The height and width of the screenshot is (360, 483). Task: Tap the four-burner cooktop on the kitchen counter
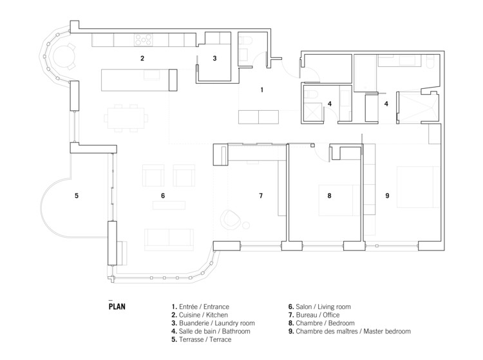(144, 41)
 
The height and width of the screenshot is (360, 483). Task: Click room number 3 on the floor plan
(214, 58)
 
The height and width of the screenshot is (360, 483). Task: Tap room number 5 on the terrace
(76, 195)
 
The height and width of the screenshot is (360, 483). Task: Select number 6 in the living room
(163, 195)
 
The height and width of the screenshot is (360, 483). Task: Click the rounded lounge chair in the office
(231, 220)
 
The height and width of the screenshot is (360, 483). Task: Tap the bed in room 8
(339, 200)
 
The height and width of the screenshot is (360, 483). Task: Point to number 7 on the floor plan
(261, 195)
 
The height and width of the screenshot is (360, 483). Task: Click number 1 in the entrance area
(261, 90)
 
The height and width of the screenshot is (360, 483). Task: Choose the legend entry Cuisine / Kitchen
(200, 315)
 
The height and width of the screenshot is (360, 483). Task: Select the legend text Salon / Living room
(322, 307)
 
